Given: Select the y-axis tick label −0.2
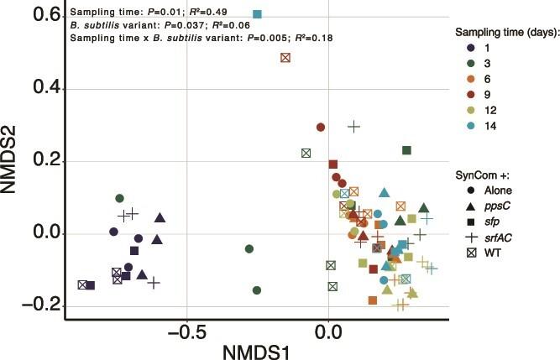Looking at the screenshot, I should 29,305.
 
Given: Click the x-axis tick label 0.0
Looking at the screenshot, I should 327,332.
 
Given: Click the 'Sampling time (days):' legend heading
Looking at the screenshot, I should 503,32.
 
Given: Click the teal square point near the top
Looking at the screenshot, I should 257,14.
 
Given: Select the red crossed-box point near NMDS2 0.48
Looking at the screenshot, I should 285,57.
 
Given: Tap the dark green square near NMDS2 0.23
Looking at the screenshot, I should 407,150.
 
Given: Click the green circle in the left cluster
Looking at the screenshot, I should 119,198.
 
